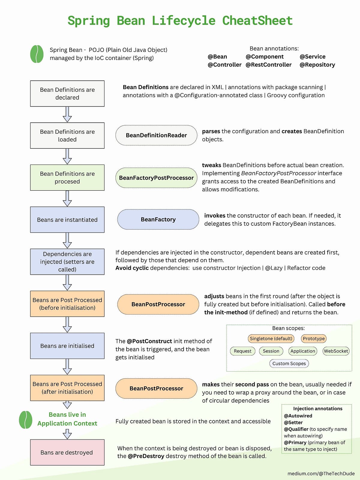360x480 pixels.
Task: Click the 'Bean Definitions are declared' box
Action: point(67,94)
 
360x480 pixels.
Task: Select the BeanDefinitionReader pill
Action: point(156,135)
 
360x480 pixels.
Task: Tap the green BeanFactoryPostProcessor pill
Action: point(156,178)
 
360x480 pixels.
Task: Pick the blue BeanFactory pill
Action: point(158,219)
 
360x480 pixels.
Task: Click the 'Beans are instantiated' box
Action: point(67,220)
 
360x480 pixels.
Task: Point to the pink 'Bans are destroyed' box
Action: point(67,452)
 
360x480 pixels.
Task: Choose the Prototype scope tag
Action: point(313,338)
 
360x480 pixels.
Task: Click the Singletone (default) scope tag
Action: point(271,338)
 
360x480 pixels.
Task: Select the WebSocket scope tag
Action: point(336,351)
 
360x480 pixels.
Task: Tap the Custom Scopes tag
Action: point(289,363)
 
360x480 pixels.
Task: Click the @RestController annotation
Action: point(268,65)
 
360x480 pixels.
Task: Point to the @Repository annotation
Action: point(317,65)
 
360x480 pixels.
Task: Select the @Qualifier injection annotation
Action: point(296,429)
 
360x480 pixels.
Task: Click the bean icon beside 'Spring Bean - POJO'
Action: point(37,54)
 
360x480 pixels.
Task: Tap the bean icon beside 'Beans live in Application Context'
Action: point(25,419)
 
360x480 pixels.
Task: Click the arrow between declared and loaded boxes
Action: point(67,115)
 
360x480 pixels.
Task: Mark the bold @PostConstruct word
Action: point(149,341)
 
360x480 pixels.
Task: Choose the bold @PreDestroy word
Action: point(146,456)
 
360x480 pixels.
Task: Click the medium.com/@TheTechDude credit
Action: point(321,474)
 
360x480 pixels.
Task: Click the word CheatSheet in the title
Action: point(257,21)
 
